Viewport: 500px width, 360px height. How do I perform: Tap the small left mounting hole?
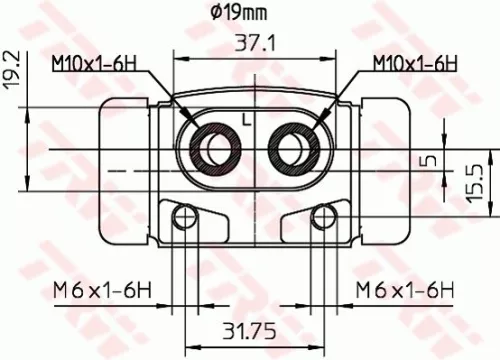181,219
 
